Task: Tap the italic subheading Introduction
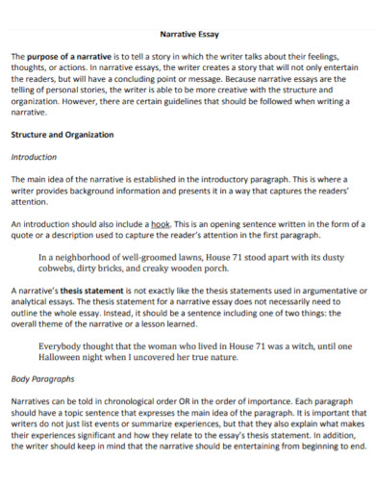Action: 34,157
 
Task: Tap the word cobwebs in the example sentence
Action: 62,269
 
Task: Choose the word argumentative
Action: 308,290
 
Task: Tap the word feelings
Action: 337,58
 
